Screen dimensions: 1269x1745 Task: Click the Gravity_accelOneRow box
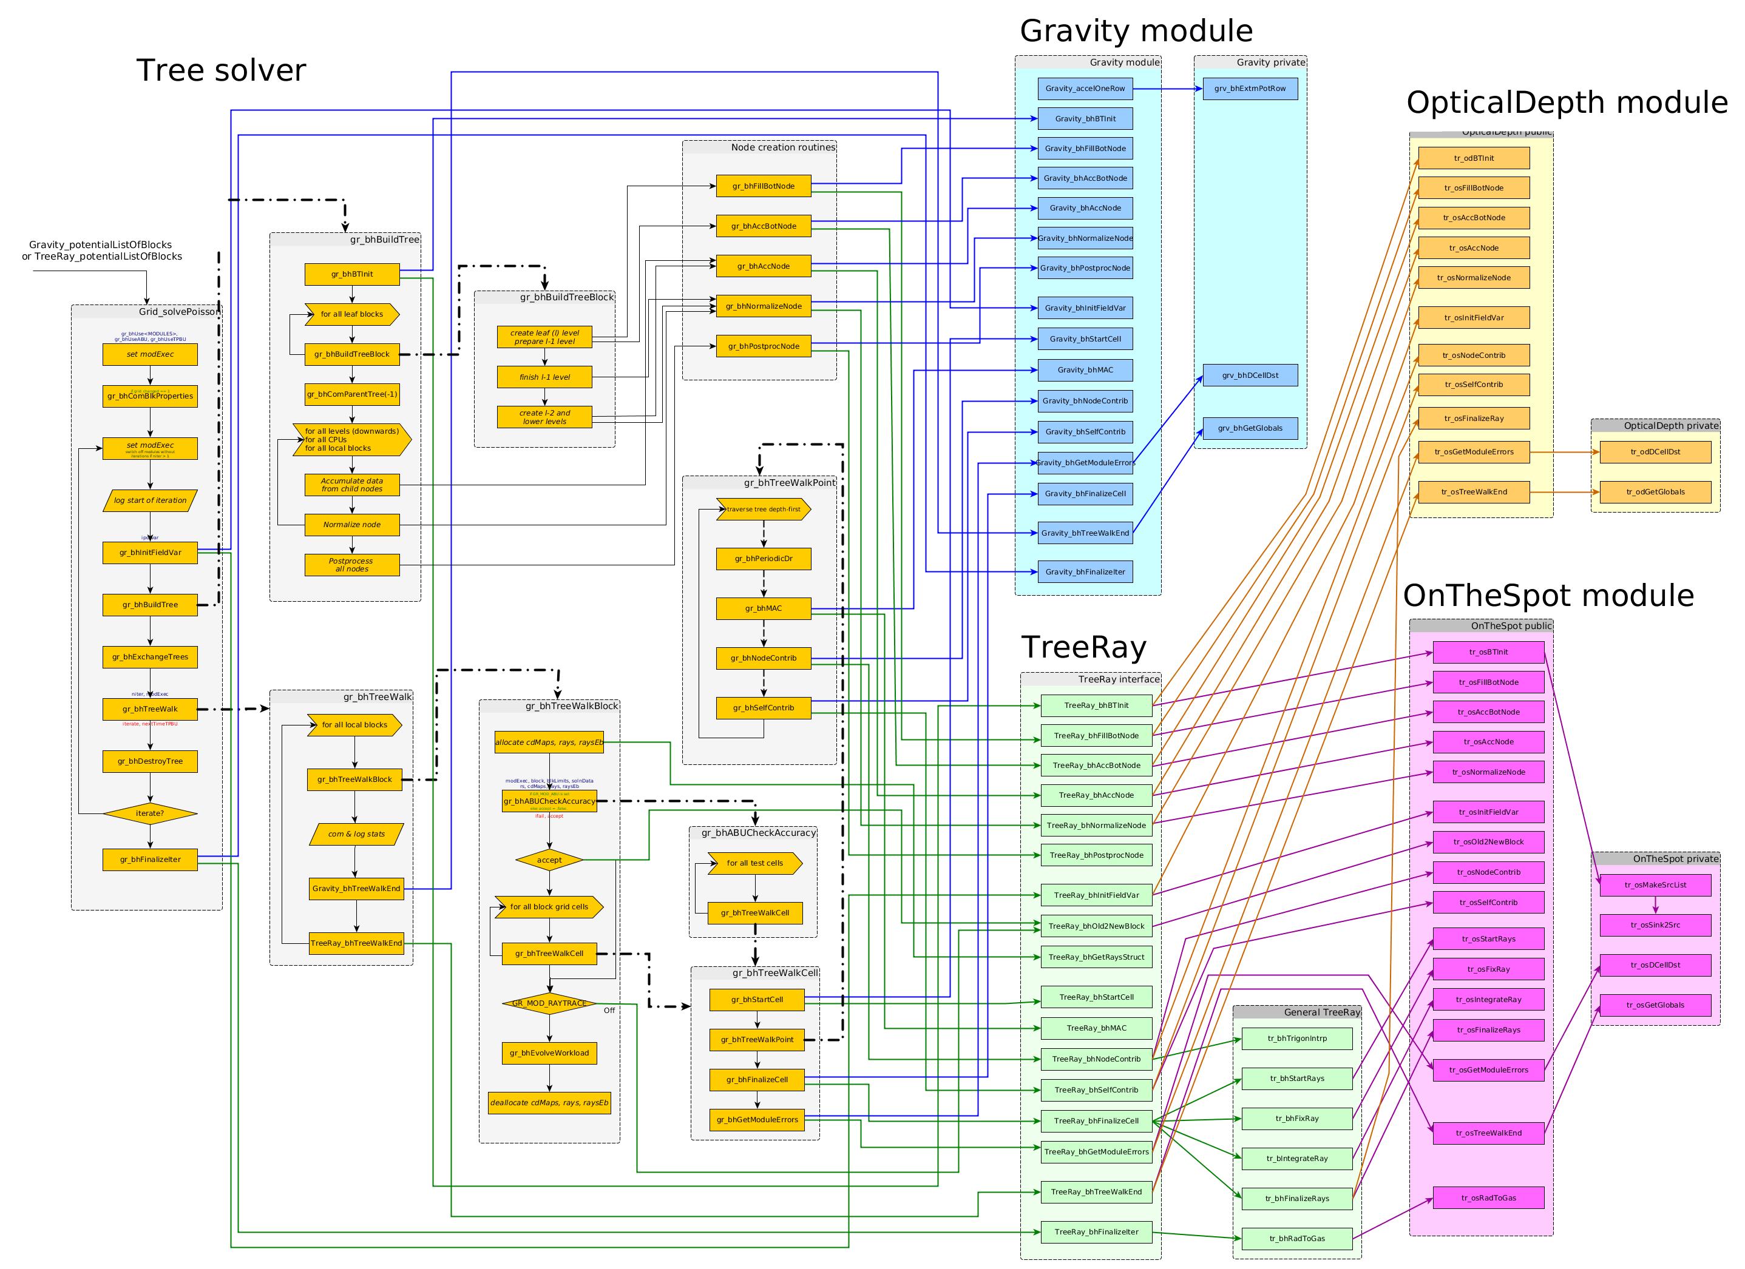click(1085, 89)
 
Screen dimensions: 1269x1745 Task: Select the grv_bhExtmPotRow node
click(1250, 89)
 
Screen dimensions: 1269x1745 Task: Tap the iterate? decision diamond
click(150, 813)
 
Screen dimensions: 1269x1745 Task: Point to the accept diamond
click(549, 860)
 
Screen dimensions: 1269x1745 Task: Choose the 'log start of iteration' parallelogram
click(150, 500)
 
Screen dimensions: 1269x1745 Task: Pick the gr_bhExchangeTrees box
click(150, 657)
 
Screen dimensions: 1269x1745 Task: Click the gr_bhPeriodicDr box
click(763, 558)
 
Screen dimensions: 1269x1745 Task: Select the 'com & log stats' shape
click(356, 833)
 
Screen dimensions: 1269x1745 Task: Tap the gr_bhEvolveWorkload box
click(549, 1053)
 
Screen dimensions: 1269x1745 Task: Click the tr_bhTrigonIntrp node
click(1297, 1038)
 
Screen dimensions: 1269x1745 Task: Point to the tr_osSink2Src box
click(1655, 924)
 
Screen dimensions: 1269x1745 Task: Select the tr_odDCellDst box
click(1655, 453)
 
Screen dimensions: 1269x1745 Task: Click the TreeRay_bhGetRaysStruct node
click(1096, 957)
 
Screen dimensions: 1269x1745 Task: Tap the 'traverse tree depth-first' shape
click(763, 509)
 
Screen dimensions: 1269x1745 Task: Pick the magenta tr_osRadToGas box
click(1488, 1197)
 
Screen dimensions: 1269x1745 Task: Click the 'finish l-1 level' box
click(544, 377)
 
